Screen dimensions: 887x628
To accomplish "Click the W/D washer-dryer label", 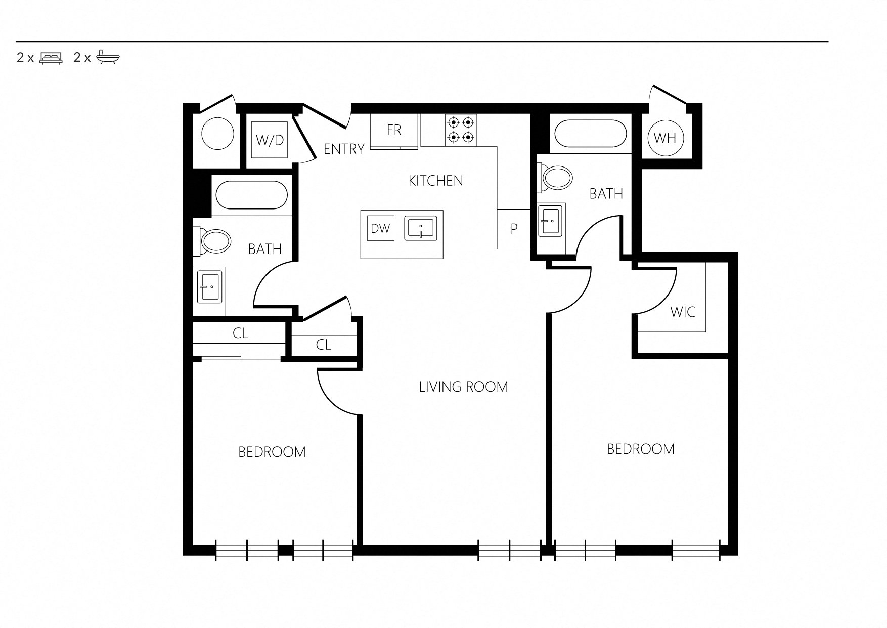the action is (271, 140).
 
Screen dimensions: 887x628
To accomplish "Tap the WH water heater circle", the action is (664, 137).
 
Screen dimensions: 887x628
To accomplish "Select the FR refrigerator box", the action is (394, 132).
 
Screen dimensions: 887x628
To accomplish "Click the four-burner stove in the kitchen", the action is (461, 130).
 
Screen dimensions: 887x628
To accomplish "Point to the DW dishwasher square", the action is (381, 229).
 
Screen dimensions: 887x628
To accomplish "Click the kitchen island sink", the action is (420, 228).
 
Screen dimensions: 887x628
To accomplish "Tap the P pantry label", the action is (514, 229).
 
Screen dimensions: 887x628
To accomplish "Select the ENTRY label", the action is (344, 149).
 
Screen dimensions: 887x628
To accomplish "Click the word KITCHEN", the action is (435, 181).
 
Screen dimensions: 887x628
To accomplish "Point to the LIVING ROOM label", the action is (463, 387).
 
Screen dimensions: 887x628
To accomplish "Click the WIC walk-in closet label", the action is (683, 312).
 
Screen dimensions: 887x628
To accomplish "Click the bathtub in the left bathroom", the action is (252, 195).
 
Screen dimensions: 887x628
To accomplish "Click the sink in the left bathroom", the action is (210, 286).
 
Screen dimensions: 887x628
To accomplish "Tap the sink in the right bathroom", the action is (551, 221).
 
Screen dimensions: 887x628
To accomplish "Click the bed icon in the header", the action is (51, 57).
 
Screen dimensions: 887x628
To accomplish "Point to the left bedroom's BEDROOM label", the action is (272, 452).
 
